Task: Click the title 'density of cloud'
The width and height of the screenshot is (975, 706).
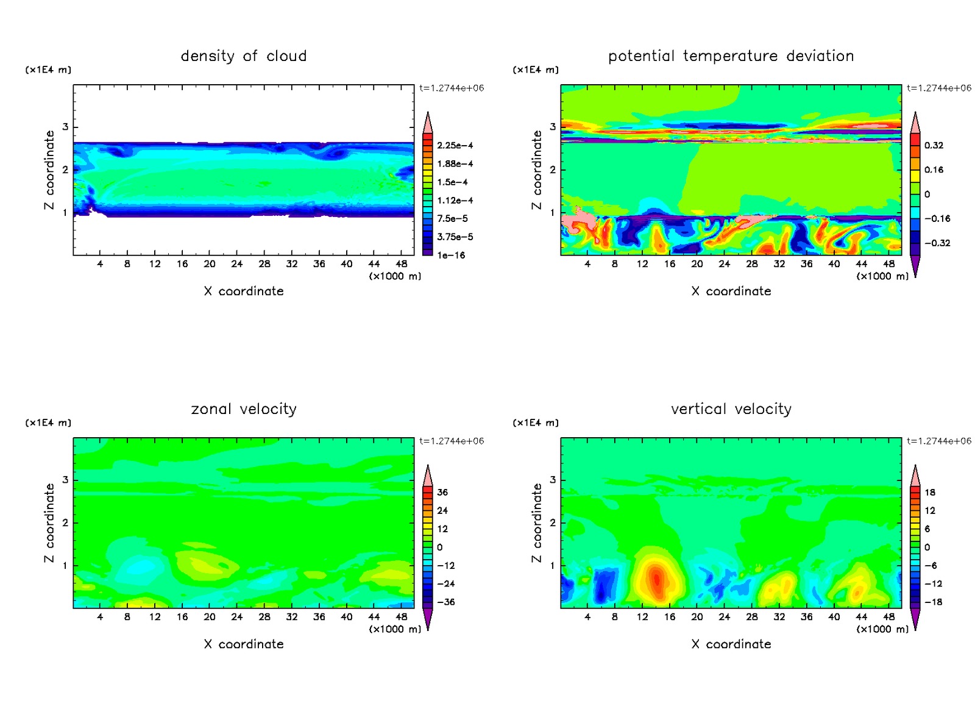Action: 244,56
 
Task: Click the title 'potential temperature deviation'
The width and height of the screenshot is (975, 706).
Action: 731,56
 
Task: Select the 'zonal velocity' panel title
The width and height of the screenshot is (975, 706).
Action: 244,409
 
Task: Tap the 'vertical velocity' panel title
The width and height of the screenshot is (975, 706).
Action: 731,409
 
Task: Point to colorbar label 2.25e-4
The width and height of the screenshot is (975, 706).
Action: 455,146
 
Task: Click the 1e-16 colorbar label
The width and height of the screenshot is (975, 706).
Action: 451,255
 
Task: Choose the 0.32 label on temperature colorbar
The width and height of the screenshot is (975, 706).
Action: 934,146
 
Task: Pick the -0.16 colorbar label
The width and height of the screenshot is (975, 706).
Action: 937,219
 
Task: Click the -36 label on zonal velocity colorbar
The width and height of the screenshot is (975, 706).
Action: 445,602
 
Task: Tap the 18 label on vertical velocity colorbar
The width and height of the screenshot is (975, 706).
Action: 930,493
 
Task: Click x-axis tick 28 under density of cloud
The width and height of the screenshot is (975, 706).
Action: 264,264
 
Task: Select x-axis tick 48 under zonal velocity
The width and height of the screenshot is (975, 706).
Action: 402,617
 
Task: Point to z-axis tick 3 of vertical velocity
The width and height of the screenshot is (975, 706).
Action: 553,480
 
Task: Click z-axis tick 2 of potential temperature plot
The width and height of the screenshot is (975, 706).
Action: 553,170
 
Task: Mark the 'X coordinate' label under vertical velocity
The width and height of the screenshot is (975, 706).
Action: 731,644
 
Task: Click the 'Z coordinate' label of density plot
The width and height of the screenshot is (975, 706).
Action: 49,170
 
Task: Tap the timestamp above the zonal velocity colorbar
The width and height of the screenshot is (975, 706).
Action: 452,441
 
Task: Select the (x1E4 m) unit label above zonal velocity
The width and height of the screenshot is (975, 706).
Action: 48,423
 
